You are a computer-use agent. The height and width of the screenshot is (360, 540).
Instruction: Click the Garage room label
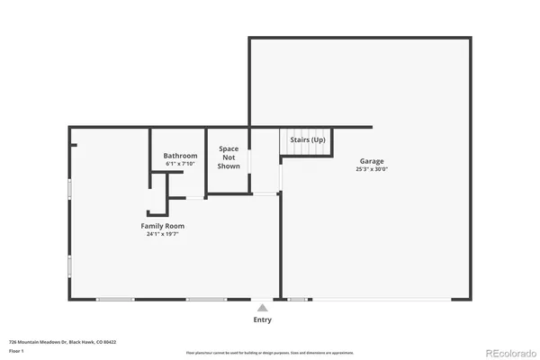[x=372, y=161]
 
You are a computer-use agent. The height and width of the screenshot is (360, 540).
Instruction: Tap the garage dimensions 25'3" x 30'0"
[x=372, y=169]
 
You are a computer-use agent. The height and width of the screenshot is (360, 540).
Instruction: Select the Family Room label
[x=162, y=225]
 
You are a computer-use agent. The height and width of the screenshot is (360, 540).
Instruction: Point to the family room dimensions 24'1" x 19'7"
[x=162, y=234]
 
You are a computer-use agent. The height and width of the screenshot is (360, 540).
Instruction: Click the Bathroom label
[x=180, y=156]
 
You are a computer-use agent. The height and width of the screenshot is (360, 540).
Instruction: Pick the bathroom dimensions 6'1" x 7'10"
[x=180, y=164]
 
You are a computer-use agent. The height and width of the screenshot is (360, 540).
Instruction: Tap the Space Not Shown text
[x=229, y=157]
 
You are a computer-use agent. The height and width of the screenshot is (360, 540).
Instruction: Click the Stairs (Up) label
[x=307, y=139]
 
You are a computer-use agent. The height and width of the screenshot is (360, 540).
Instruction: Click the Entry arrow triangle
[x=262, y=308]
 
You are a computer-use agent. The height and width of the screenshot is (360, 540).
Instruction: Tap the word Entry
[x=262, y=319]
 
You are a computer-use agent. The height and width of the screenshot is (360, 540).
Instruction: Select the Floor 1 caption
[x=16, y=352]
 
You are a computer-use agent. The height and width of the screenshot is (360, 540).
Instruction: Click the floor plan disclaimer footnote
[x=270, y=353]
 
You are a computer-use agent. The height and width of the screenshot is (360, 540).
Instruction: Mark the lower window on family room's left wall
[x=70, y=267]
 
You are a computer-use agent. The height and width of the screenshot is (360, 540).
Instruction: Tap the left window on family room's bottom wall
[x=115, y=299]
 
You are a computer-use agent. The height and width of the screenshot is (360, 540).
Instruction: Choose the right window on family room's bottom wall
[x=206, y=299]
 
